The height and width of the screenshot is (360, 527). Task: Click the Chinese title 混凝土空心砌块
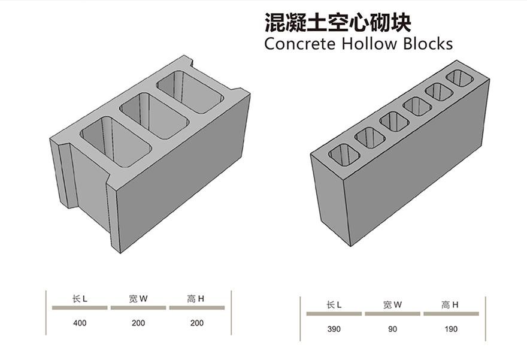[x=338, y=22]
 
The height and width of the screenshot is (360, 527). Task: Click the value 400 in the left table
[x=80, y=323]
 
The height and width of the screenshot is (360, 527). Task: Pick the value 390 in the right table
[x=334, y=329]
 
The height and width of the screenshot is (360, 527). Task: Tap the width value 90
[x=392, y=329]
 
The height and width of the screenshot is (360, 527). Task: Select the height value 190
[x=451, y=329]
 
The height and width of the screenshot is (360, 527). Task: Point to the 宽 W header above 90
[x=392, y=304]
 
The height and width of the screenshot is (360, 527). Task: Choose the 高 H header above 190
[x=450, y=304]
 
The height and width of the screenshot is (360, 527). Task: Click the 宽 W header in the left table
[x=138, y=298]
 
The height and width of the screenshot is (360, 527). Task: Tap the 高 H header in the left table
[x=196, y=298]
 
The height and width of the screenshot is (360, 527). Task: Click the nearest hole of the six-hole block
[x=344, y=156]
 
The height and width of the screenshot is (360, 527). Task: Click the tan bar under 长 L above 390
[x=334, y=313]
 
